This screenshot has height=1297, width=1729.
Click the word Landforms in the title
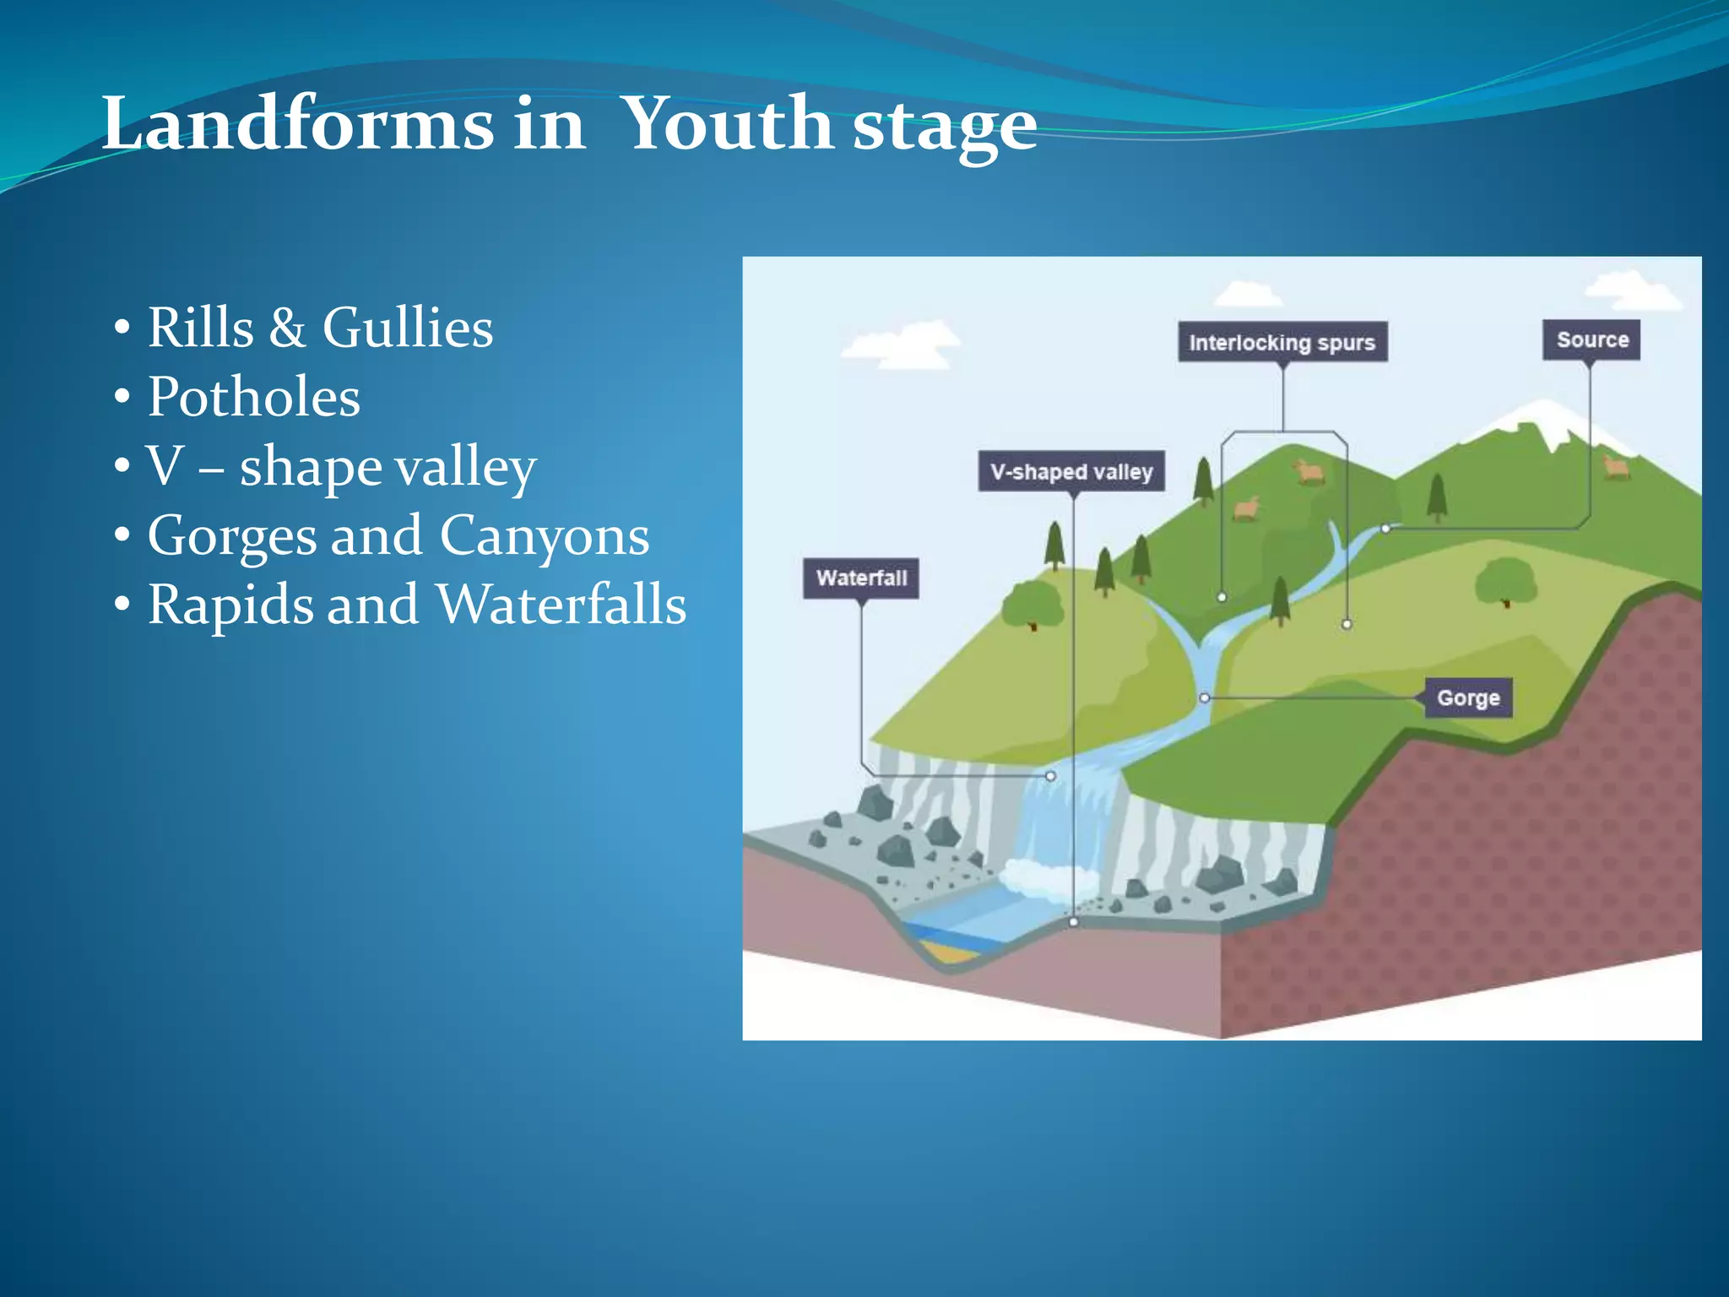[x=297, y=125]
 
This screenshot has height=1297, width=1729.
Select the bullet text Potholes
[x=253, y=397]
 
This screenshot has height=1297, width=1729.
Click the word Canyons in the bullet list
[x=545, y=535]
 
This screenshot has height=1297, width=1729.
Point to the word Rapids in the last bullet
[x=224, y=605]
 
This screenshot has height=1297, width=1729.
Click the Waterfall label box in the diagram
[x=861, y=578]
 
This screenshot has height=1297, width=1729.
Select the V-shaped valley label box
[x=1071, y=471]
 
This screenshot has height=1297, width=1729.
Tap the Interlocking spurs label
[x=1282, y=342]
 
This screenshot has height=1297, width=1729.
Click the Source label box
[x=1591, y=339]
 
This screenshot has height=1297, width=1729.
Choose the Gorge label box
[x=1468, y=697]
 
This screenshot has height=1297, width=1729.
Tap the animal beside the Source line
[x=1616, y=466]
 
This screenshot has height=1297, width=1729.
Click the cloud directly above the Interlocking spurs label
[x=1247, y=295]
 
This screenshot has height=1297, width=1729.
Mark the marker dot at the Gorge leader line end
[x=1205, y=697]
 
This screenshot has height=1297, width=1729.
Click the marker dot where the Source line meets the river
[x=1385, y=529]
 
